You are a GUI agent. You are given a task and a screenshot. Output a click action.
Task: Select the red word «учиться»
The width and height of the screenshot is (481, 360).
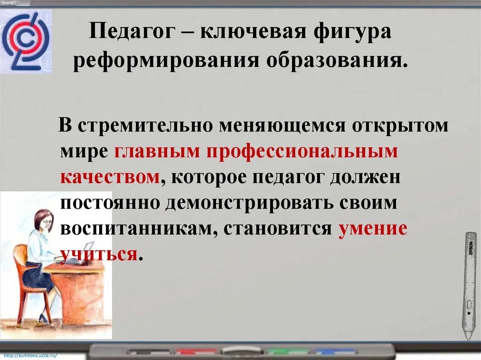click(x=99, y=254)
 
